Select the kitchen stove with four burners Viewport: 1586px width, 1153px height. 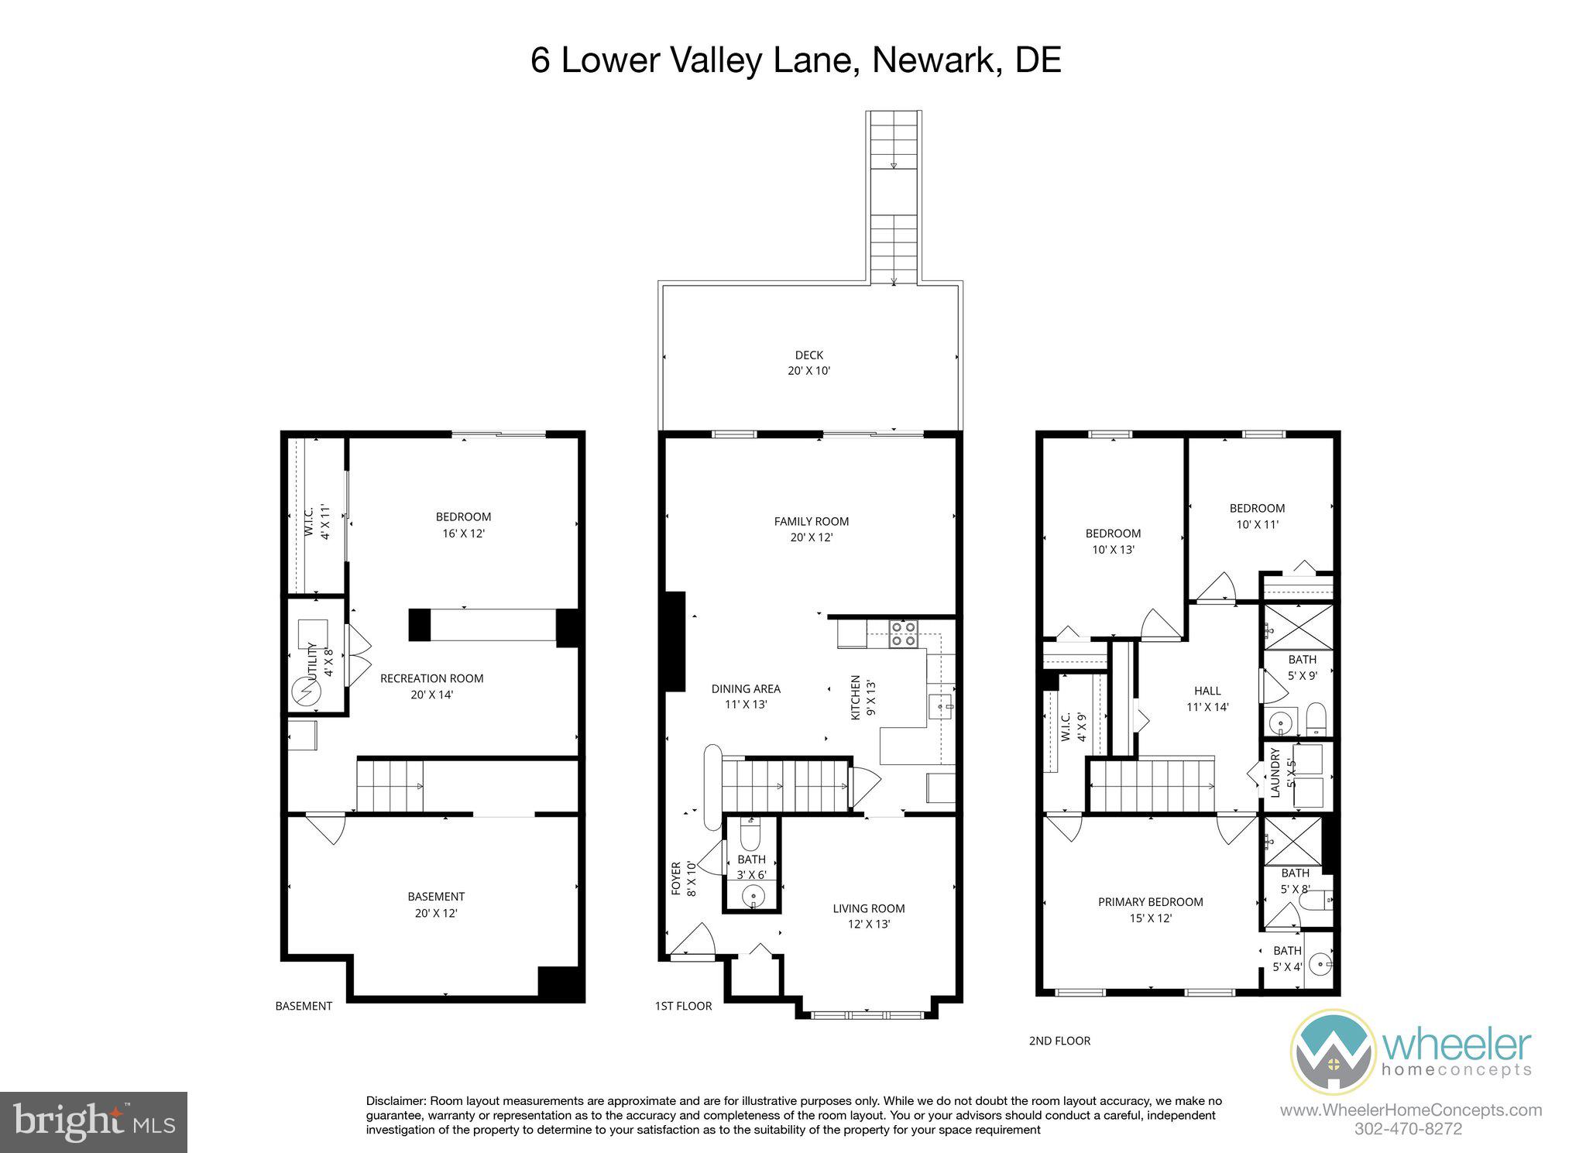point(903,633)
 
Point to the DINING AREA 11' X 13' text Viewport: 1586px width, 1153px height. point(746,696)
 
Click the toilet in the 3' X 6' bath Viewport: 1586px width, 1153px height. point(750,836)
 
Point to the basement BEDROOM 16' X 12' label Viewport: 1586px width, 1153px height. point(463,524)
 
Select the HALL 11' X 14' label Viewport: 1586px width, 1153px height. point(1207,698)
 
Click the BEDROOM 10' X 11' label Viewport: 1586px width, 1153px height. point(1257,516)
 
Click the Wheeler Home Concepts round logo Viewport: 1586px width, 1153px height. point(1332,1052)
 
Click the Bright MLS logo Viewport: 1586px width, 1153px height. point(94,1122)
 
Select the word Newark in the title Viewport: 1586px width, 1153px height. point(932,60)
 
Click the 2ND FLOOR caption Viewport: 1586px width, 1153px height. point(1059,1041)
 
